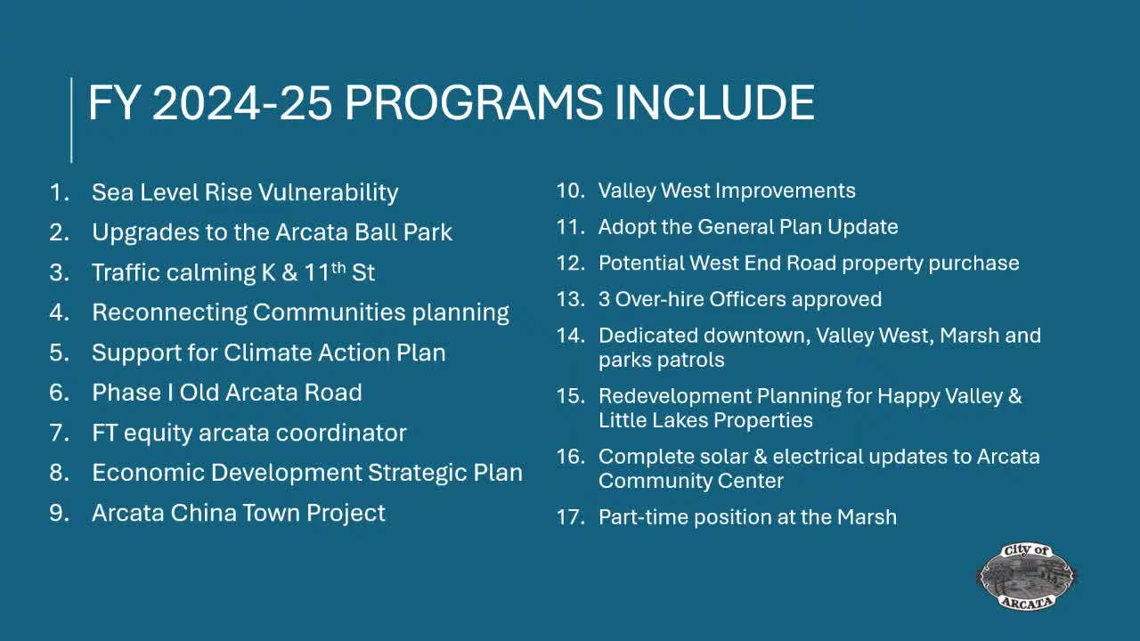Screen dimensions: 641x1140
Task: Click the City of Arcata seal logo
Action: coord(1027,576)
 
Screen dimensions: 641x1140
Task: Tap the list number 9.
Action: coord(59,513)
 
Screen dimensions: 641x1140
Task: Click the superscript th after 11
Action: coord(338,267)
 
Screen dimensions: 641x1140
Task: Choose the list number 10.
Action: coord(570,191)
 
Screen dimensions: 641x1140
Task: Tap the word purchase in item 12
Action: coord(973,264)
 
